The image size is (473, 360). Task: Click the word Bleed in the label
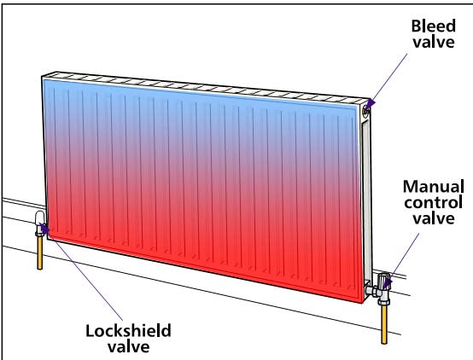[x=434, y=26]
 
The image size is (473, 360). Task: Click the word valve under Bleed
[x=434, y=42]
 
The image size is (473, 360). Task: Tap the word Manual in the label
[x=434, y=187]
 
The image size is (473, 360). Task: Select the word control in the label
[x=434, y=202]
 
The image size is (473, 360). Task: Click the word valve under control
[x=434, y=218]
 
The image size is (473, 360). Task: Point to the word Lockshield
[x=129, y=331]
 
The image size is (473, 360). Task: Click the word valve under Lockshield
[x=129, y=346]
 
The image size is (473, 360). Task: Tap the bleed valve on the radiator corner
[x=366, y=111]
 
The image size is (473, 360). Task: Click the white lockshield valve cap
[x=40, y=218]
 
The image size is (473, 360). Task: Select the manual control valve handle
[x=384, y=281]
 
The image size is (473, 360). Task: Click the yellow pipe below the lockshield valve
[x=39, y=253]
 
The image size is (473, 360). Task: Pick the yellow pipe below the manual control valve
[x=384, y=324]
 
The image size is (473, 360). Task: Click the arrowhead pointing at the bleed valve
[x=371, y=104]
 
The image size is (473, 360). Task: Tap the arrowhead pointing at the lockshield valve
[x=45, y=229]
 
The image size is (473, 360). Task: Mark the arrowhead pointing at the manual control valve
[x=388, y=283]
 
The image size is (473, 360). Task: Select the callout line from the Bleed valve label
[x=389, y=78]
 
